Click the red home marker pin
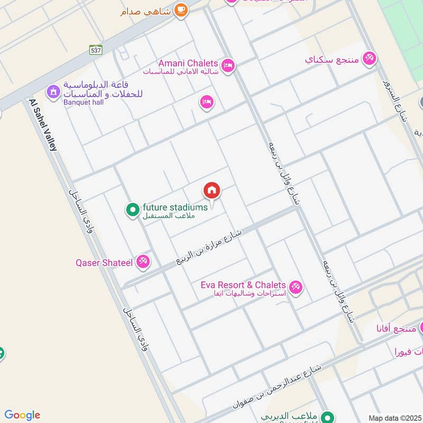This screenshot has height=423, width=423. (212, 190)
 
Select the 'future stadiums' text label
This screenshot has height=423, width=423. (175, 207)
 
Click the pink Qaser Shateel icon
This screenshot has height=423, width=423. (143, 261)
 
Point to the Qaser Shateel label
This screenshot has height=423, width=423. (104, 261)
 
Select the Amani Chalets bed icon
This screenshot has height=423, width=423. (228, 66)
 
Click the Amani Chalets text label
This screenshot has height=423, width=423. (188, 63)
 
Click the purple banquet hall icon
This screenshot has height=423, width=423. (53, 92)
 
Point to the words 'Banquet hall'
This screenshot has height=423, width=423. (84, 103)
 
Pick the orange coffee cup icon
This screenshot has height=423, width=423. (181, 10)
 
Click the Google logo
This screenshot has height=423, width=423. (22, 415)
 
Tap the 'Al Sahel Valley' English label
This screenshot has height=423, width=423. (43, 125)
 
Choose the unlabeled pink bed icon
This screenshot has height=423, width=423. (207, 102)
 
